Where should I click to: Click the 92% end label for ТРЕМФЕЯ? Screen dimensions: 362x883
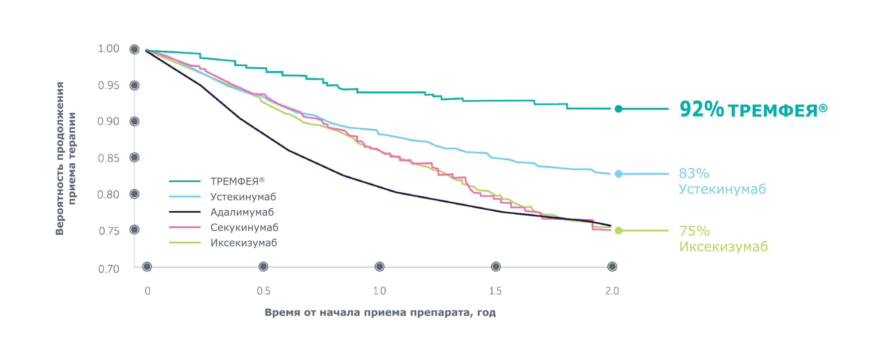click(701, 109)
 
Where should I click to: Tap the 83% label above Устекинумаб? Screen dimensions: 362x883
click(694, 173)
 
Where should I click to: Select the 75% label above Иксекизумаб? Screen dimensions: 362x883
click(694, 231)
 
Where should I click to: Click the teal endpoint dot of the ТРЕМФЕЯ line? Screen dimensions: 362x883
click(618, 109)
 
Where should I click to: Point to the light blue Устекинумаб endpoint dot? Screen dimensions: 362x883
click(618, 174)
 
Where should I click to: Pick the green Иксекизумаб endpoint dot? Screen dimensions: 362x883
click(618, 231)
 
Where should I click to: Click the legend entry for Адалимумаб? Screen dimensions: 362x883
click(242, 212)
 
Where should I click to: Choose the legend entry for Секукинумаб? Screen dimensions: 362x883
click(244, 228)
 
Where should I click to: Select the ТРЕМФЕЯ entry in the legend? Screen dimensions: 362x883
click(237, 181)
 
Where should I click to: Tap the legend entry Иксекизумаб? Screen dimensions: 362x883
click(244, 243)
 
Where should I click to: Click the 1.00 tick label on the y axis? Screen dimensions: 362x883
click(109, 49)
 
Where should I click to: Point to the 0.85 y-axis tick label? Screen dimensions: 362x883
click(109, 158)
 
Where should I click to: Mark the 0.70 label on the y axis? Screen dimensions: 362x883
click(109, 269)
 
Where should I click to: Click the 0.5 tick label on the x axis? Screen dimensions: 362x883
click(264, 291)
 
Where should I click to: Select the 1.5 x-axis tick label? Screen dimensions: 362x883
click(496, 291)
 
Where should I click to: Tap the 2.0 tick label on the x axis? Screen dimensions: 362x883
click(612, 291)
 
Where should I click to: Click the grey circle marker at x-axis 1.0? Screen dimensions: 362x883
click(379, 267)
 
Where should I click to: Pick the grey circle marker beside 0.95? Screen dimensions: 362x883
click(135, 86)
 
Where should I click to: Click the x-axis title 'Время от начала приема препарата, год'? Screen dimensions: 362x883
click(380, 312)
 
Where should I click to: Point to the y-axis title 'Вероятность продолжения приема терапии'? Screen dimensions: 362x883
click(66, 159)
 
